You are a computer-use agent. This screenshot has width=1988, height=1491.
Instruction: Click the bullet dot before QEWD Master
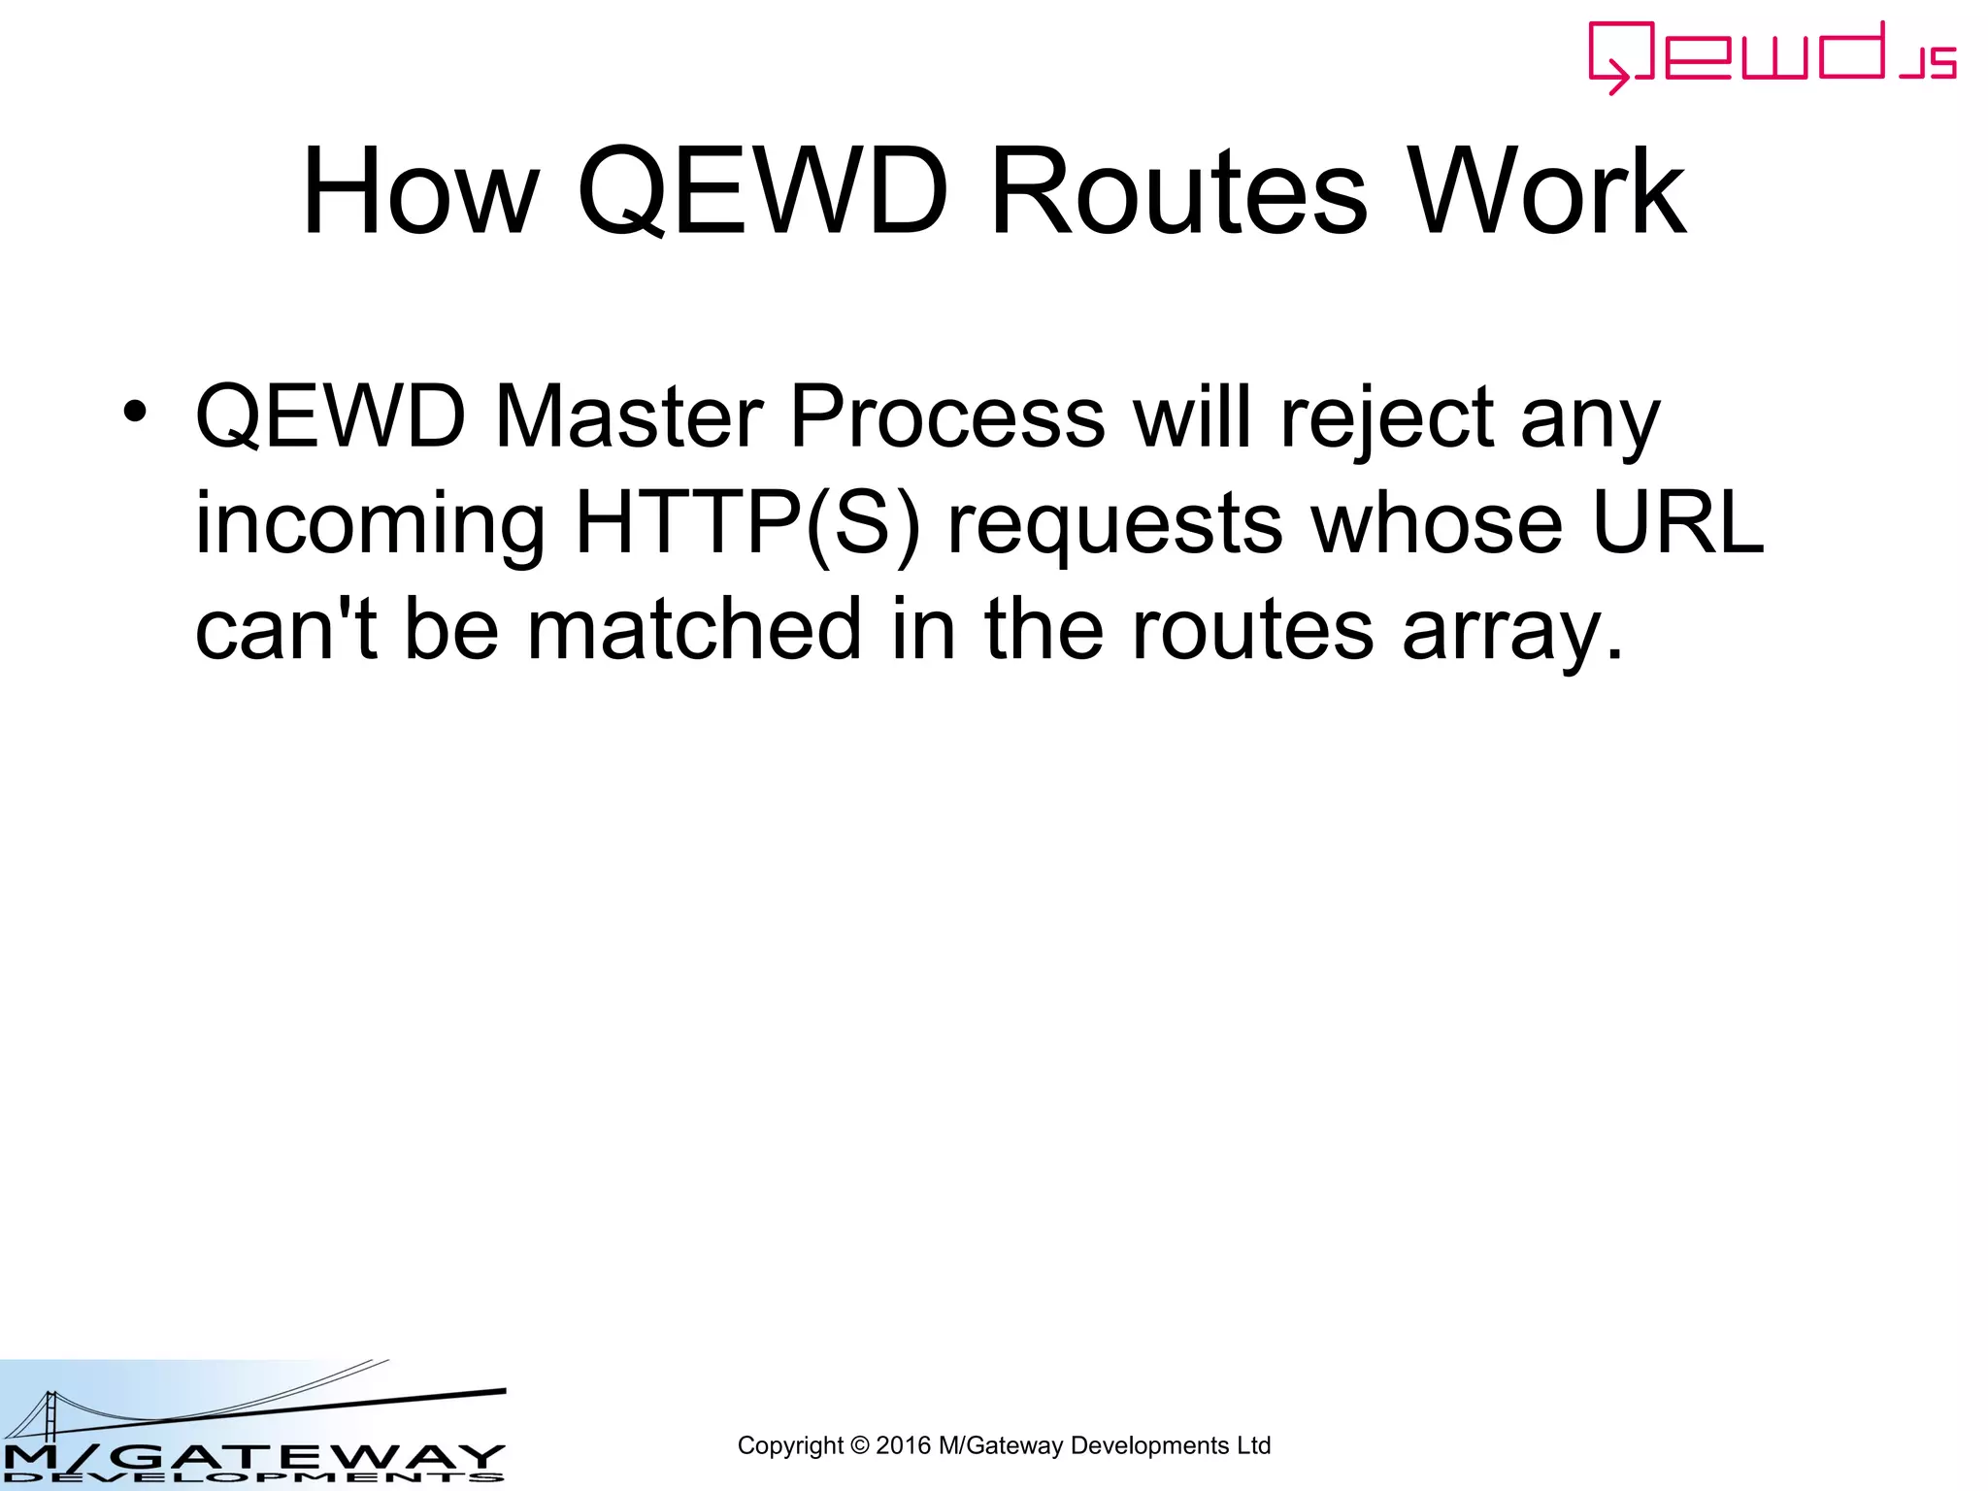click(135, 411)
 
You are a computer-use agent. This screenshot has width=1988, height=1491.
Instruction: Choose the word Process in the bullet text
click(946, 416)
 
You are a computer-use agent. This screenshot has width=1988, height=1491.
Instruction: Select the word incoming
click(370, 524)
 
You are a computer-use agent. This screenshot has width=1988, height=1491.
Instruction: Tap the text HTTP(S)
click(746, 524)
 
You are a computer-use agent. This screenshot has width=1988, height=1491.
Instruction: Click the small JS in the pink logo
click(1928, 64)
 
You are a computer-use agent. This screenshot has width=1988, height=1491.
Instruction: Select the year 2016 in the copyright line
click(903, 1445)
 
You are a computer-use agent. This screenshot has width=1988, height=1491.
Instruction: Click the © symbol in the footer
click(859, 1445)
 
